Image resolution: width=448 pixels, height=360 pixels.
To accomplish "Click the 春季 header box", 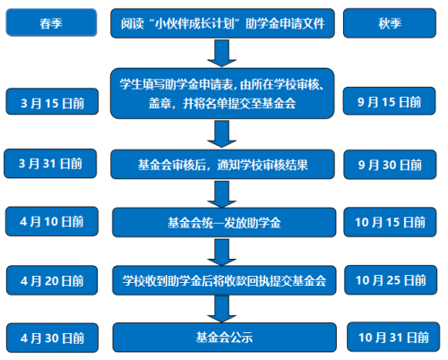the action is (x=51, y=22).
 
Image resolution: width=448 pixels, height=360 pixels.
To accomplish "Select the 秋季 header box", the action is (x=390, y=23).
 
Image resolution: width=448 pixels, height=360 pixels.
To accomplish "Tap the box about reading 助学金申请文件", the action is (x=222, y=23).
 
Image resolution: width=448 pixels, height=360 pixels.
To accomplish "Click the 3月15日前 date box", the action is (x=52, y=101).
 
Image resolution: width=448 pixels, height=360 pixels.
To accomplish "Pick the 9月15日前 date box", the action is (x=389, y=101).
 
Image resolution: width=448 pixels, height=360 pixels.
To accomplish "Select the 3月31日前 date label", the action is (x=50, y=164).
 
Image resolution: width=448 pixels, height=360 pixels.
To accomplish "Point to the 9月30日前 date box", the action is (x=390, y=165).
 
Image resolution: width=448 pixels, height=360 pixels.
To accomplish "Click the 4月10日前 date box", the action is (x=52, y=221).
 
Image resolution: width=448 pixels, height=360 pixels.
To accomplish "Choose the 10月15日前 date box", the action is (x=390, y=222).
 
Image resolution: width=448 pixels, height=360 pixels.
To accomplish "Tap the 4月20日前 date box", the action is (x=52, y=280).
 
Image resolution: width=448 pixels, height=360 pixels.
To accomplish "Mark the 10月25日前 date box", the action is (x=391, y=280).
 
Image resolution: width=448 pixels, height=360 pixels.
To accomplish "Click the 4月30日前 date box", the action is (x=52, y=338).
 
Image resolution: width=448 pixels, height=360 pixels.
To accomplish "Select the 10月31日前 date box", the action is (x=393, y=337).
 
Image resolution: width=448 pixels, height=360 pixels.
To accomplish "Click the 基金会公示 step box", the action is (x=225, y=338).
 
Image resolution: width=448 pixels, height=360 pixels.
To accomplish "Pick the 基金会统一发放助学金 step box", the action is (x=224, y=222).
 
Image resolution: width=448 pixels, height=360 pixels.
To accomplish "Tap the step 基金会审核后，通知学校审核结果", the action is (x=222, y=165).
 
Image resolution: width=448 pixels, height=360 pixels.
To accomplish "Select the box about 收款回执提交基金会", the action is (x=224, y=280).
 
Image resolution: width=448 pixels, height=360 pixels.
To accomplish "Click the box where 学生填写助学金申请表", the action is (x=222, y=93).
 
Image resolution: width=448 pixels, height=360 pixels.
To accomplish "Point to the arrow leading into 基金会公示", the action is (x=222, y=309).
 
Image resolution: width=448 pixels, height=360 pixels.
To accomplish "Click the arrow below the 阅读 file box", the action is (x=222, y=54).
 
